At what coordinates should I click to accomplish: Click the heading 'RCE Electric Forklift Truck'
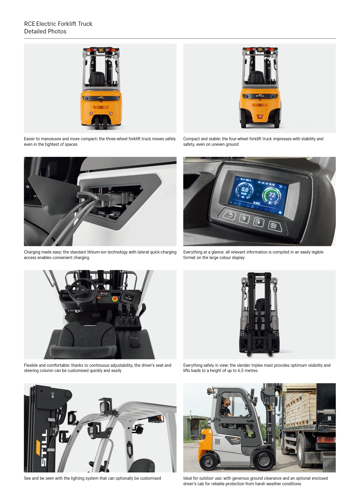[58, 24]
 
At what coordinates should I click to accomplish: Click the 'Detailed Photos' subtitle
[45, 31]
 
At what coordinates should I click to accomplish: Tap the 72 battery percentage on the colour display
[272, 195]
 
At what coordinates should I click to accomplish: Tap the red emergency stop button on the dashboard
[115, 299]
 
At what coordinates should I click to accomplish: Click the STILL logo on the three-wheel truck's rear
[101, 98]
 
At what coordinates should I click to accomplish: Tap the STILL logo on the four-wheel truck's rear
[260, 96]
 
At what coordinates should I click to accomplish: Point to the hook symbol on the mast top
[53, 394]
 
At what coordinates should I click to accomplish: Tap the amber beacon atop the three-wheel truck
[101, 50]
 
